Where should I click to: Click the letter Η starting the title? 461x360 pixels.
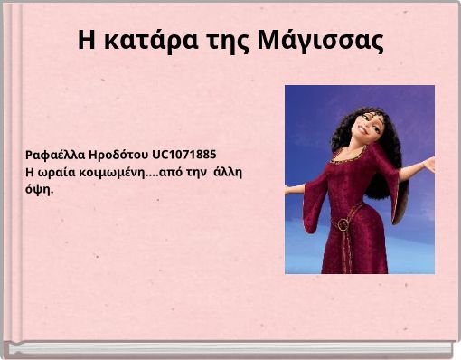[86, 41]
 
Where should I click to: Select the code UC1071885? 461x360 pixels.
[184, 154]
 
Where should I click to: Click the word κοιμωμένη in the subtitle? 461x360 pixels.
[113, 171]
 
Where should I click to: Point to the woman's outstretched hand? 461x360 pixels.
[428, 165]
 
